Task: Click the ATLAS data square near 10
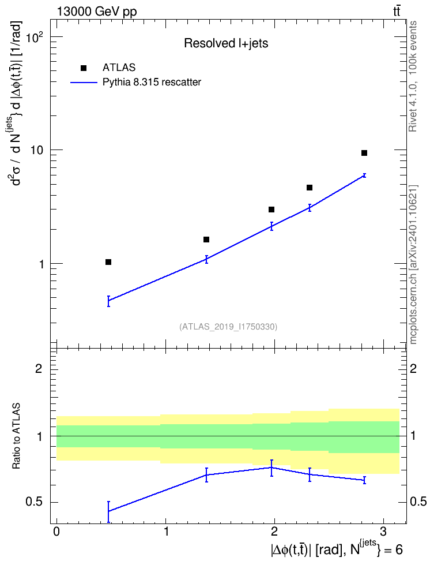point(364,153)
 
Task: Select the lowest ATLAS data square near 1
point(108,262)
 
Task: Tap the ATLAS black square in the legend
point(84,68)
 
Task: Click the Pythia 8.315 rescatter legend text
point(152,83)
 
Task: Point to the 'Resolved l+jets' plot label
point(226,43)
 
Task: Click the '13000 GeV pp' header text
point(96,12)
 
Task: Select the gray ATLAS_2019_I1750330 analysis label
point(228,326)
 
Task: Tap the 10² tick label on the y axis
point(35,36)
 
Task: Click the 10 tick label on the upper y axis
point(36,150)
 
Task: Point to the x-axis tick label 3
point(383,532)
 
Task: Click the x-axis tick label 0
point(56,532)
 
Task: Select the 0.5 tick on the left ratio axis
point(34,502)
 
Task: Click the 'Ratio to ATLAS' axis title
point(16,436)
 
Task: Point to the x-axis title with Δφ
point(337,549)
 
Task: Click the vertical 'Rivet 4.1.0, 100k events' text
point(413,76)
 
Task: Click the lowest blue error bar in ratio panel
point(108,511)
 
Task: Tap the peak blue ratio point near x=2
point(271,467)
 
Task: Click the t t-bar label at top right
point(397,12)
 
